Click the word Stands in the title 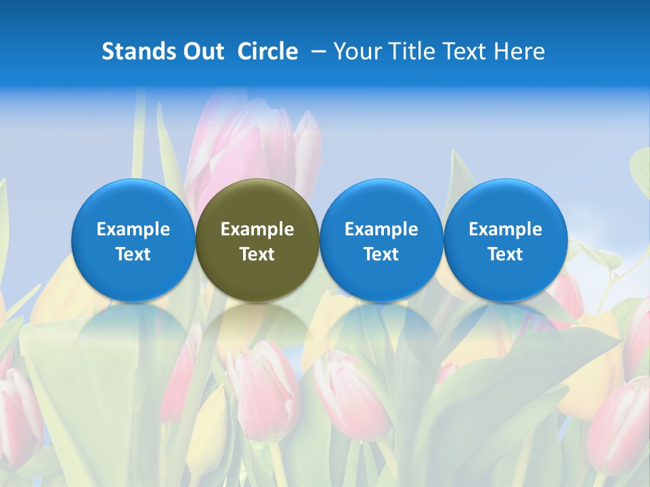coord(139,51)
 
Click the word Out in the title coord(204,51)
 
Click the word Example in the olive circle coord(257,229)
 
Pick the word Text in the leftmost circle coord(133,254)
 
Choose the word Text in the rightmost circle coord(505,254)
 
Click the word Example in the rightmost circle coord(505,229)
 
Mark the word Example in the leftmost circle coord(133,229)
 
